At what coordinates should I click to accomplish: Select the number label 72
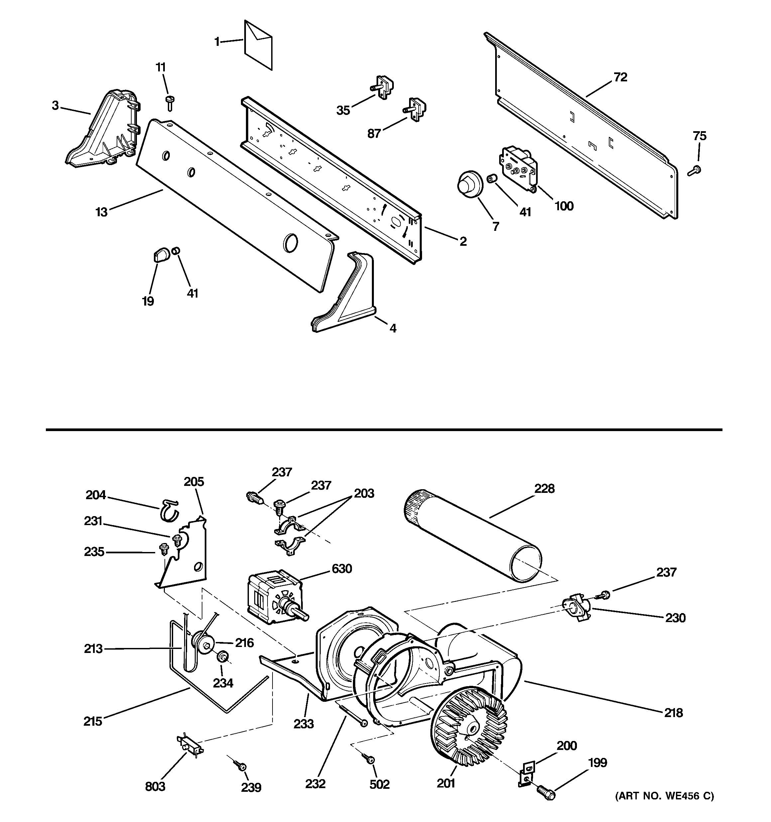pos(620,77)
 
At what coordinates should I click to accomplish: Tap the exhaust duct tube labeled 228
pos(472,533)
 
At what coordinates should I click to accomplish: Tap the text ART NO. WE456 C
pos(664,795)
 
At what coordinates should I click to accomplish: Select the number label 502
pos(379,784)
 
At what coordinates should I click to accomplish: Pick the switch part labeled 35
pos(383,87)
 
